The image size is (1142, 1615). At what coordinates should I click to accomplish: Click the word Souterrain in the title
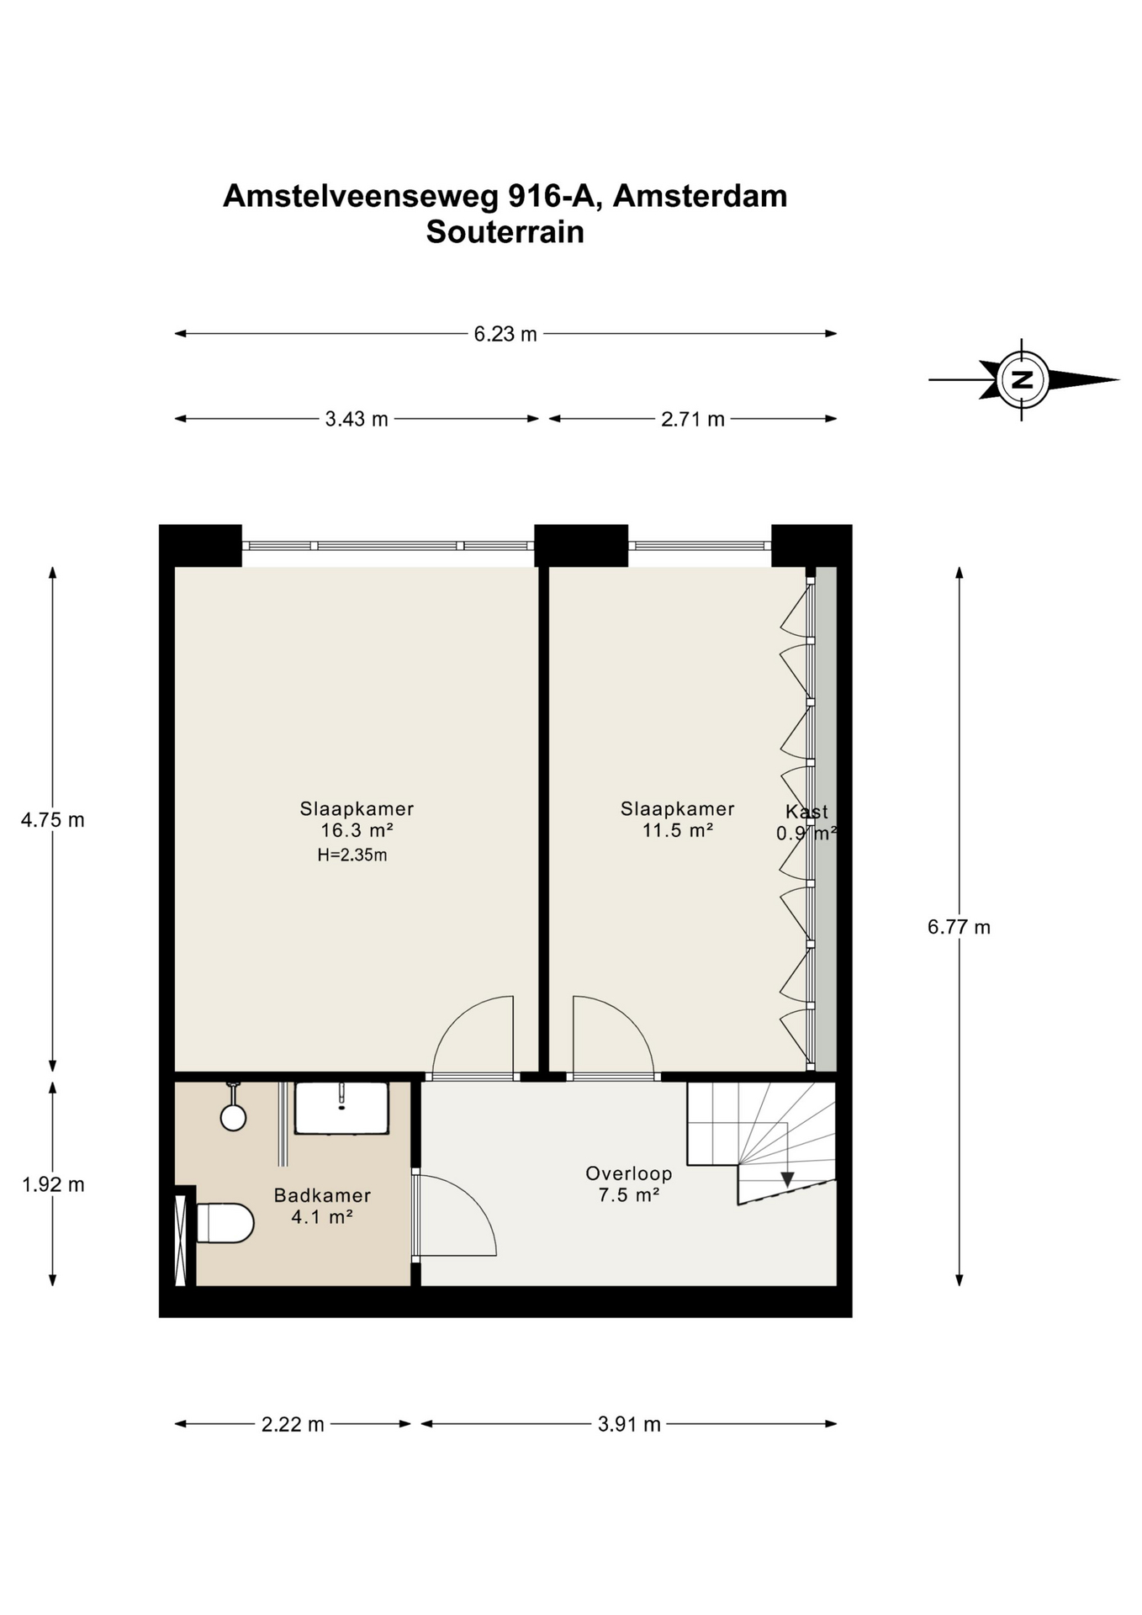(505, 231)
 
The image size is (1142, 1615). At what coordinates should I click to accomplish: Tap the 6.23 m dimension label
(505, 334)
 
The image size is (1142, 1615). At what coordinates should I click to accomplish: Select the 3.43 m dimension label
(357, 419)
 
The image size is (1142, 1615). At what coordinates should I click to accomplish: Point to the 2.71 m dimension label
(692, 419)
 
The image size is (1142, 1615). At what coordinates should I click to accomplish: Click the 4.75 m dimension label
(53, 819)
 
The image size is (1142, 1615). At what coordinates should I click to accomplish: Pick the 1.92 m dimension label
(53, 1184)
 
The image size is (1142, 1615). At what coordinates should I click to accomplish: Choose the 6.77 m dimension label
(959, 927)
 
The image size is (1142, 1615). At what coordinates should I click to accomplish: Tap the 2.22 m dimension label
(293, 1424)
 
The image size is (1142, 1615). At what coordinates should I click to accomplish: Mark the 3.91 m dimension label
(629, 1424)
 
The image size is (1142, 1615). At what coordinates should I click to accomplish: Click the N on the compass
(1023, 379)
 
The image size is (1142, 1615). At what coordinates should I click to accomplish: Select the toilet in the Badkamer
(225, 1223)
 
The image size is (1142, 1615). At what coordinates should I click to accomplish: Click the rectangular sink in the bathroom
(341, 1108)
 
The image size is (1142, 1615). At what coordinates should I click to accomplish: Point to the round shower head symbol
(233, 1117)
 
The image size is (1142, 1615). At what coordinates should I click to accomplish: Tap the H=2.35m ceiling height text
(352, 855)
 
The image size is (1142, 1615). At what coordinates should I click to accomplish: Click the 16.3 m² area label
(357, 830)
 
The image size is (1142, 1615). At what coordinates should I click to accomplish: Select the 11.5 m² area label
(678, 830)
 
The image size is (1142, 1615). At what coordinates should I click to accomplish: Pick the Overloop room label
(629, 1173)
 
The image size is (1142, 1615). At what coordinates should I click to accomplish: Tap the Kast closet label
(807, 812)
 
